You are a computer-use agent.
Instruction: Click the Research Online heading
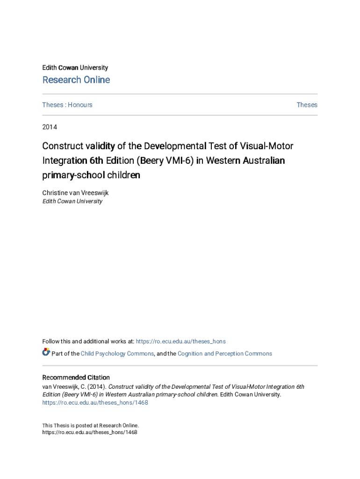(x=76, y=80)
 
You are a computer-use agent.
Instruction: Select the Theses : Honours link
(x=67, y=105)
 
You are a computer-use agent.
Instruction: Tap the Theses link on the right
(x=307, y=105)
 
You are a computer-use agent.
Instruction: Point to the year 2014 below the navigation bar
(x=50, y=127)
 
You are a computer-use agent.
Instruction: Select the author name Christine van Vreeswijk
(x=75, y=193)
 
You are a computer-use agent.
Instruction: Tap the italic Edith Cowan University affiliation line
(x=72, y=201)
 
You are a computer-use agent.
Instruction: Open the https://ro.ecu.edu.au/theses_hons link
(x=180, y=341)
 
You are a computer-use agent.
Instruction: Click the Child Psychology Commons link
(x=117, y=354)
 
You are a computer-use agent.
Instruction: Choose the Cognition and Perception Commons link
(x=224, y=354)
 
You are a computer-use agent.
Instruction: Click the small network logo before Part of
(x=46, y=352)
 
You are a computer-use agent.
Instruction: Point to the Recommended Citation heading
(x=76, y=377)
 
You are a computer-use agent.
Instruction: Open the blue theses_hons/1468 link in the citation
(x=95, y=402)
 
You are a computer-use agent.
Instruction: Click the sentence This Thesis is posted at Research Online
(x=90, y=426)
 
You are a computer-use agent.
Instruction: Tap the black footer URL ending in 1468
(x=89, y=433)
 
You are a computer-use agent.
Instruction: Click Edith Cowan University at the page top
(x=75, y=68)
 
